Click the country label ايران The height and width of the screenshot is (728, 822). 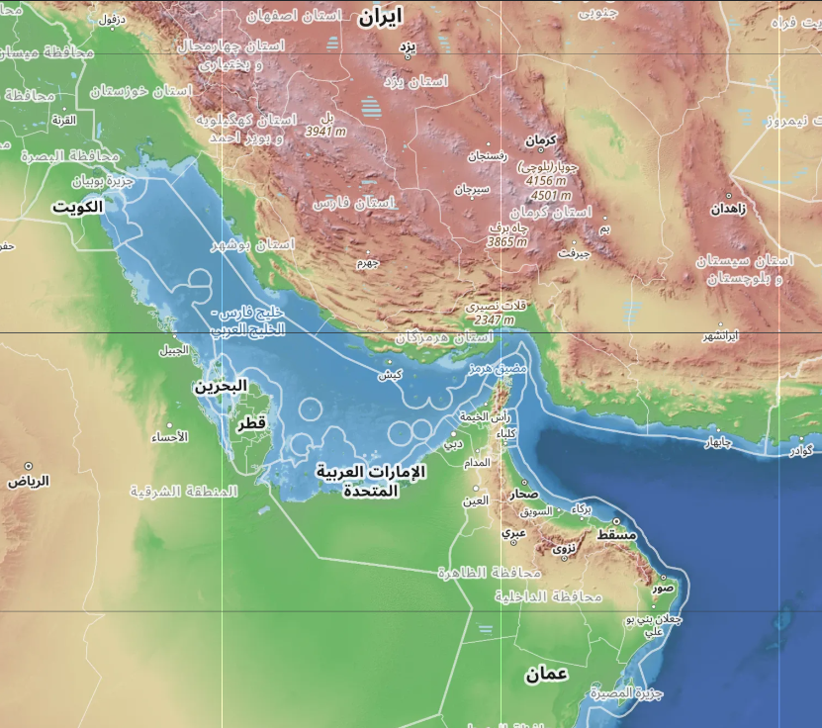pyautogui.click(x=382, y=16)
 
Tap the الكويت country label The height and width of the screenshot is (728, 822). pyautogui.click(x=78, y=208)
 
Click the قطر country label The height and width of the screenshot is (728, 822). pyautogui.click(x=250, y=424)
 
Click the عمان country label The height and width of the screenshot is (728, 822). pyautogui.click(x=546, y=675)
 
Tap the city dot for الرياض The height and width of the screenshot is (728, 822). pyautogui.click(x=29, y=466)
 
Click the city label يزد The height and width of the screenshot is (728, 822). pyautogui.click(x=408, y=45)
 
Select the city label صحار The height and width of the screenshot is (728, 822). pyautogui.click(x=525, y=493)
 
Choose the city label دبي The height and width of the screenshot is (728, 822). pyautogui.click(x=452, y=444)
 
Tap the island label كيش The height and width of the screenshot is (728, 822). pyautogui.click(x=391, y=376)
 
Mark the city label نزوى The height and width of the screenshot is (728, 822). pyautogui.click(x=564, y=547)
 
